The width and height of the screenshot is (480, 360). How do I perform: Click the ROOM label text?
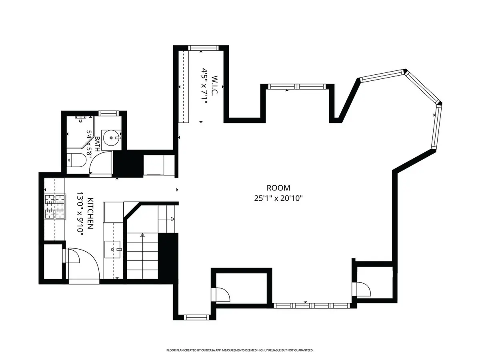(278, 188)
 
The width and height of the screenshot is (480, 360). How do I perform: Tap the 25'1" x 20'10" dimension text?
(278, 198)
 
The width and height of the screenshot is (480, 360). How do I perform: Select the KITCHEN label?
(90, 213)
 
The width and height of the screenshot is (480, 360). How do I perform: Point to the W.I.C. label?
(215, 85)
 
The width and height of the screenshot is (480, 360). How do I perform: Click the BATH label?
(97, 144)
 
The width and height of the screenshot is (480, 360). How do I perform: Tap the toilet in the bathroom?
(76, 160)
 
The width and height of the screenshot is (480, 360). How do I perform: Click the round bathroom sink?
(111, 138)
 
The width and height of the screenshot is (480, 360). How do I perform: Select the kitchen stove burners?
(55, 207)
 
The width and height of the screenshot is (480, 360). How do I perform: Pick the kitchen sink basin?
(112, 249)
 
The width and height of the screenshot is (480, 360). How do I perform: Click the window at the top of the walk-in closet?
(203, 48)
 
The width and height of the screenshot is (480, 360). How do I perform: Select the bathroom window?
(108, 113)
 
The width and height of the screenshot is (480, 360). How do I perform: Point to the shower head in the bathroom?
(81, 118)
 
